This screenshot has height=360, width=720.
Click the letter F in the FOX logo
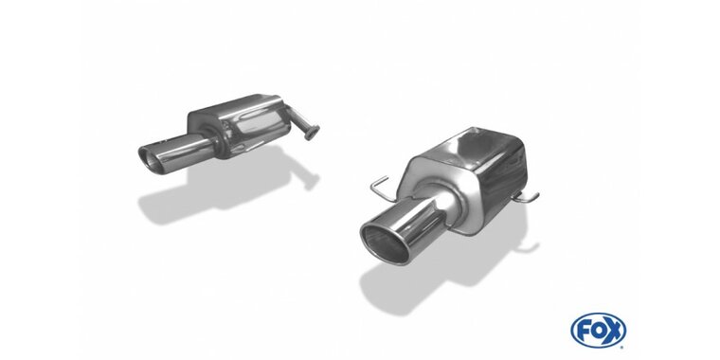point(582,330)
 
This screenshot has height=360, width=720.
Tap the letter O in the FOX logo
point(599,330)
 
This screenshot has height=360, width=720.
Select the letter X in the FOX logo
point(616,330)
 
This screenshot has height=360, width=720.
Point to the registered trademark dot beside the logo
point(624,345)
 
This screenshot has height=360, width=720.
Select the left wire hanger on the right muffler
point(382,189)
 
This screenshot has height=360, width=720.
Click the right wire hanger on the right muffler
point(526,198)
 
